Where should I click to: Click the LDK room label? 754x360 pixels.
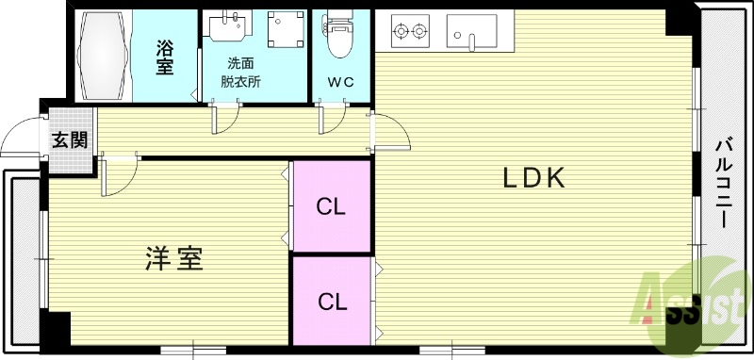pyautogui.click(x=533, y=177)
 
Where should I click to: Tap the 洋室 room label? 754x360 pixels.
pyautogui.click(x=174, y=258)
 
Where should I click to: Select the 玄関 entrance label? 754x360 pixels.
pyautogui.click(x=69, y=140)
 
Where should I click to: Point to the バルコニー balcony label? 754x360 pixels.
pyautogui.click(x=723, y=183)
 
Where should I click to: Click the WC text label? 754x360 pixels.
pyautogui.click(x=340, y=81)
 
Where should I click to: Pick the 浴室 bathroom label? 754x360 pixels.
pyautogui.click(x=166, y=56)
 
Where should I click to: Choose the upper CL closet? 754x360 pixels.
pyautogui.click(x=330, y=206)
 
